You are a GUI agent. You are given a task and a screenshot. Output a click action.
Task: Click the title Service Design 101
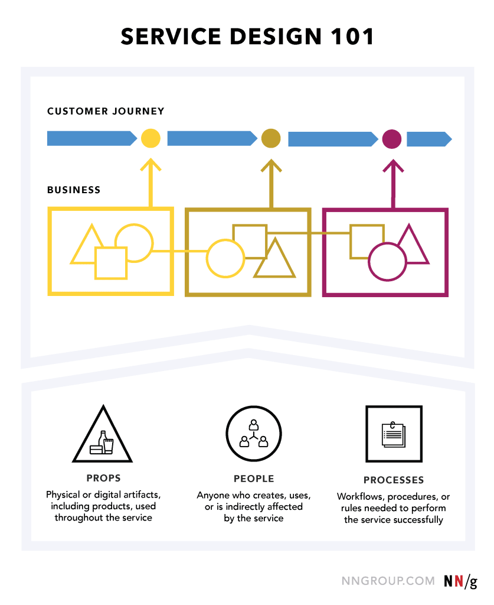point(247,37)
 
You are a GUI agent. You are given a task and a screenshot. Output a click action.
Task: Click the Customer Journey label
point(106,111)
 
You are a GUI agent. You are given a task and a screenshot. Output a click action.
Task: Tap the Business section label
point(74,190)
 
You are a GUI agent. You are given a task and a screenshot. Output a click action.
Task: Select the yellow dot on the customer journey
point(151,138)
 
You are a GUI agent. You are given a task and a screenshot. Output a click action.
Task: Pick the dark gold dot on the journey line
point(271,138)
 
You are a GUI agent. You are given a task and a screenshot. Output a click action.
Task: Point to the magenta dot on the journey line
point(392,139)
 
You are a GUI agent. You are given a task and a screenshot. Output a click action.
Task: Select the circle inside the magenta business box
point(387,262)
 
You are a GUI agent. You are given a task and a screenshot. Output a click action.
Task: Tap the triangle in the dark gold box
point(274,261)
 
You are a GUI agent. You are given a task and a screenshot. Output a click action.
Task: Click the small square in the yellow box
point(111,263)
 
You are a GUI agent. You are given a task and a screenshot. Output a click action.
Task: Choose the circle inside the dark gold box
point(225,258)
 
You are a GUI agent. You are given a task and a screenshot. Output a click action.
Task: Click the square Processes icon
point(394,434)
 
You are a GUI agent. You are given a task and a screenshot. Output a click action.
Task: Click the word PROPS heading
point(103,478)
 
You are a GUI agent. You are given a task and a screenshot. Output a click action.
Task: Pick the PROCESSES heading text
point(394,480)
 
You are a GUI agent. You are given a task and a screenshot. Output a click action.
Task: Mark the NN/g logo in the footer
point(460,581)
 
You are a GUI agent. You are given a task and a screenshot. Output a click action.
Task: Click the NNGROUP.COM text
point(388,581)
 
